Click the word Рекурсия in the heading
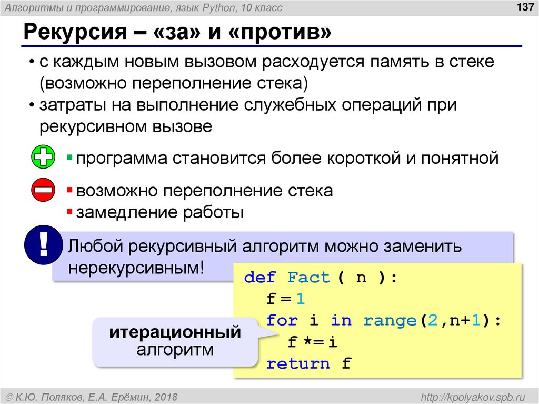pos(74,34)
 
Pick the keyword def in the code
pos(260,278)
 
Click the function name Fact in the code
pos(309,278)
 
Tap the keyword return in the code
pos(298,363)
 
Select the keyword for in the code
pos(282,320)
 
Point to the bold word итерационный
pos(175,332)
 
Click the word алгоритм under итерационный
pos(175,349)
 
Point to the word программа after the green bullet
pos(120,158)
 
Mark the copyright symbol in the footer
pos(9,396)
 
